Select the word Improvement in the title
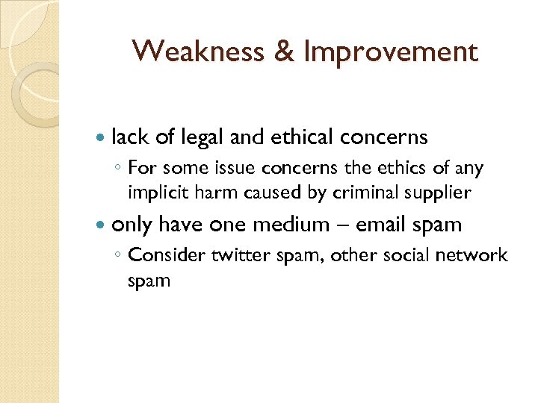coord(390,52)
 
